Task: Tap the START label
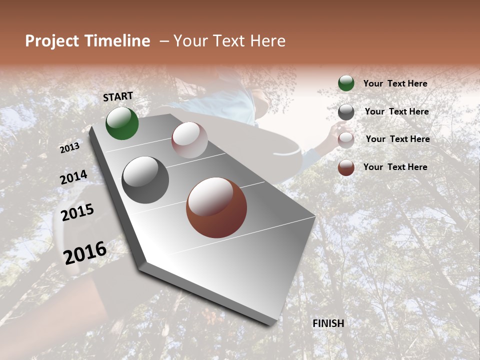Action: (x=118, y=96)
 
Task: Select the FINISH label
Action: (x=328, y=323)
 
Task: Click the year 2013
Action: (x=69, y=148)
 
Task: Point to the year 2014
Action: (x=73, y=177)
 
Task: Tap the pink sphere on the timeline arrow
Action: (x=189, y=140)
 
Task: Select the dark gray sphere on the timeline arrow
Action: (x=145, y=180)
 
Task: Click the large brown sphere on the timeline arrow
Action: (x=216, y=207)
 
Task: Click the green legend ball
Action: (x=346, y=83)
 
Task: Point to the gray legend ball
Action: (x=346, y=112)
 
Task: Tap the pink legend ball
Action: (x=346, y=139)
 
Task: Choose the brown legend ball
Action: (x=346, y=167)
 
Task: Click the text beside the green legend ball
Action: (x=395, y=84)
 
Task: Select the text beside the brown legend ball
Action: (x=395, y=167)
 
